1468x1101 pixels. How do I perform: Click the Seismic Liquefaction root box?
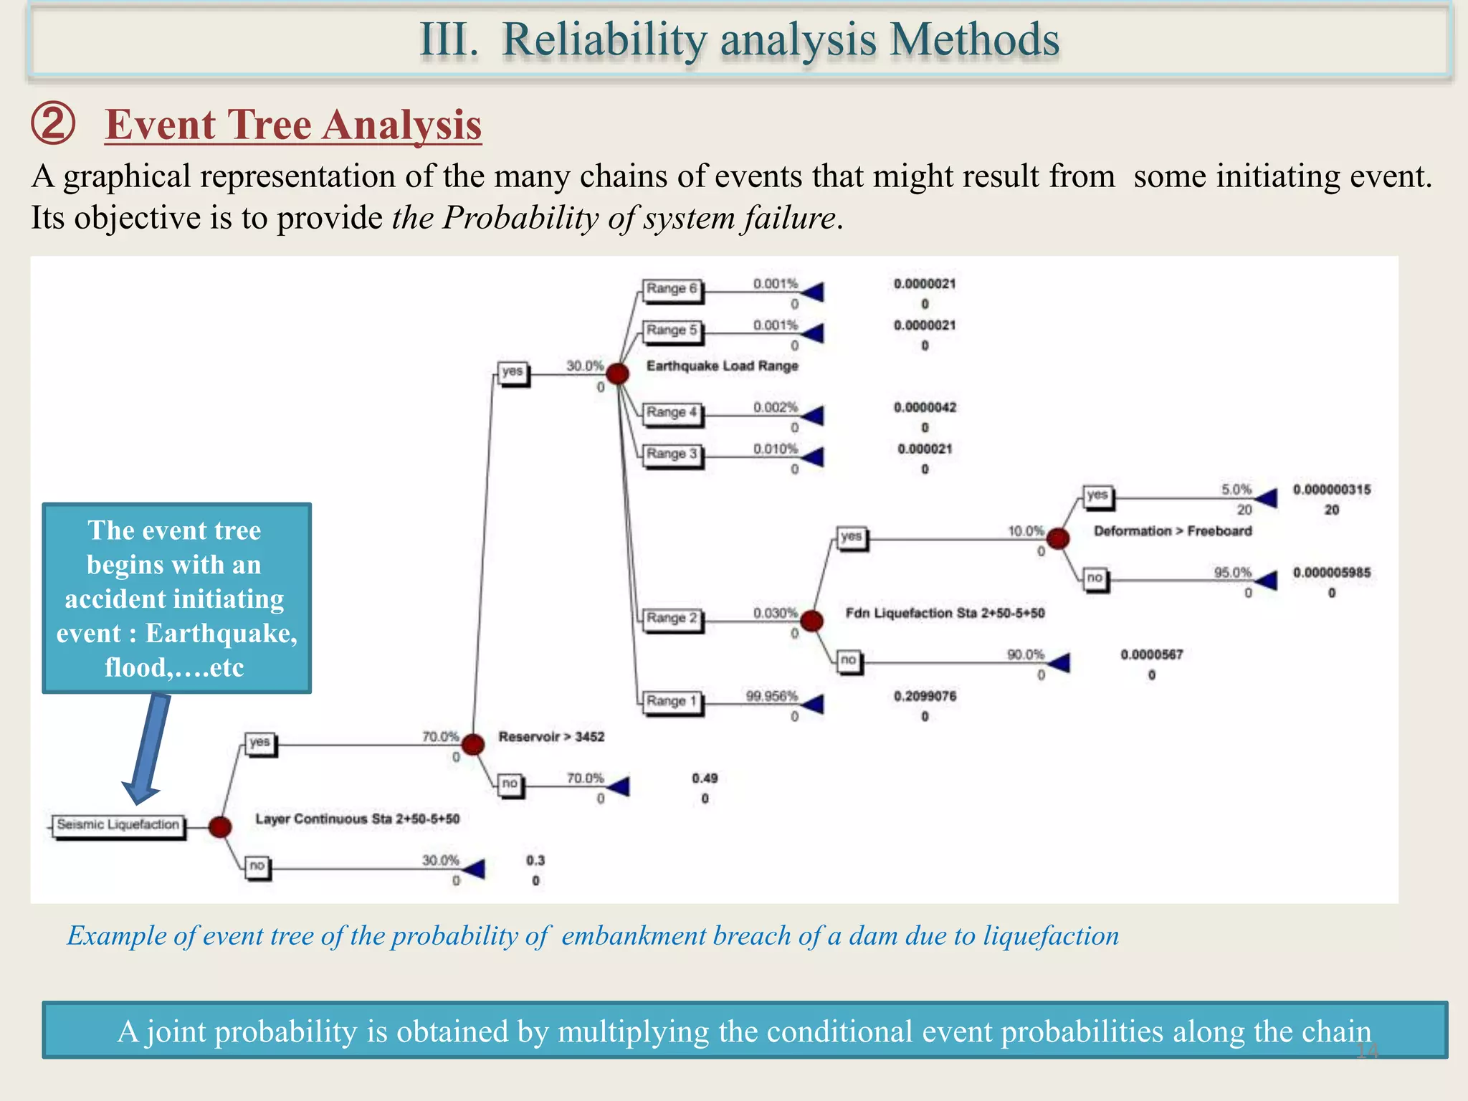(x=118, y=825)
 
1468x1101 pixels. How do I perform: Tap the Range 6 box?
(x=672, y=289)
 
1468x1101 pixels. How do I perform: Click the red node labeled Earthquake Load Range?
(x=617, y=373)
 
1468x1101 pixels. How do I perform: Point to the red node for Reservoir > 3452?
(x=472, y=745)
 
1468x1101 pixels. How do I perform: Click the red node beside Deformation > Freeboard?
(x=1058, y=538)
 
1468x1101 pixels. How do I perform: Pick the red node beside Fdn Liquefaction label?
(x=811, y=621)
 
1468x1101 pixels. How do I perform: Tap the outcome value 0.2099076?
(x=925, y=696)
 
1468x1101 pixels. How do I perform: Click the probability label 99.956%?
(x=771, y=696)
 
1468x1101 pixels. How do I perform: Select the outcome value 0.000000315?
(x=1332, y=490)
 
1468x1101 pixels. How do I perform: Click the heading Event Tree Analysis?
(x=293, y=125)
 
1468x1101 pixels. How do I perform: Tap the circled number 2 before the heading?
(x=53, y=123)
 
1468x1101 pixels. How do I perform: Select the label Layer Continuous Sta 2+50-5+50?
(x=357, y=819)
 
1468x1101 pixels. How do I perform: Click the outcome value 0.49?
(x=705, y=778)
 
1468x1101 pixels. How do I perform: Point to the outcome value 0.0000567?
(x=1151, y=654)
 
